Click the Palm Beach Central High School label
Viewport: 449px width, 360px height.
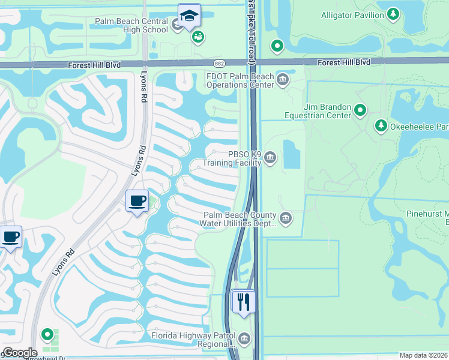click(131, 25)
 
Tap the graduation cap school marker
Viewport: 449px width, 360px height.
click(189, 16)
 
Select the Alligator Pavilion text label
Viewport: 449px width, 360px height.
click(352, 14)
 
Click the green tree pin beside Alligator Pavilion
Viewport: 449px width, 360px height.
click(393, 13)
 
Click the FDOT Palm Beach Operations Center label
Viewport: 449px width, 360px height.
click(240, 80)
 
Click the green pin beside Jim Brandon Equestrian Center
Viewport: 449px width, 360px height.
click(360, 110)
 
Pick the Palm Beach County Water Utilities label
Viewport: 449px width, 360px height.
click(240, 219)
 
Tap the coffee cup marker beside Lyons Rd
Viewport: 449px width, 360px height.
click(137, 200)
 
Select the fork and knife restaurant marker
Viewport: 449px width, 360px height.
click(244, 301)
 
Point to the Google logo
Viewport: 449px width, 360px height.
click(19, 353)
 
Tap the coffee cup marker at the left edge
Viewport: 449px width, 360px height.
click(10, 236)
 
